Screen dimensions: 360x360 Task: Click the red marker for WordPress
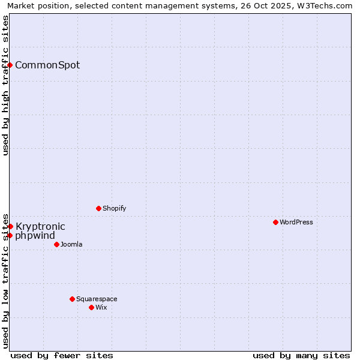pos(275,222)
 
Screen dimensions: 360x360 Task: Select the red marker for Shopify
pos(98,208)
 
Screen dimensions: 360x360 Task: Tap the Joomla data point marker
pos(56,244)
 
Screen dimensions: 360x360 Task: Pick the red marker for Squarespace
pos(72,299)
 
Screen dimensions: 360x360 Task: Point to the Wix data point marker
pos(91,307)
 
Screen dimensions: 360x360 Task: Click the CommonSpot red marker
pos(10,65)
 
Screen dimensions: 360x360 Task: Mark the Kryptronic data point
pos(10,226)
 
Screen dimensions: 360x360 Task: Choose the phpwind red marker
pos(10,235)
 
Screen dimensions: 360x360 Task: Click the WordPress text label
pos(296,222)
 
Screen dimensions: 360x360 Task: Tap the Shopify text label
pos(114,208)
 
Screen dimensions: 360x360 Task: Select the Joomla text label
pos(71,244)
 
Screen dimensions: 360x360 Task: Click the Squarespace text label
pos(97,299)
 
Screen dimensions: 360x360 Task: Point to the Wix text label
pos(101,307)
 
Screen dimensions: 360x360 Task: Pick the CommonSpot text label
pos(47,65)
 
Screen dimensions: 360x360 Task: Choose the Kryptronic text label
pos(40,226)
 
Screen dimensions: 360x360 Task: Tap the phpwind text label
pos(35,235)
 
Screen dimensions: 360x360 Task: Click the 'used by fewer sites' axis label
pos(62,355)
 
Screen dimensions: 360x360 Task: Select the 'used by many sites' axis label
pos(301,355)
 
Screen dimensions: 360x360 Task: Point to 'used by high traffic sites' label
pos(5,85)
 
